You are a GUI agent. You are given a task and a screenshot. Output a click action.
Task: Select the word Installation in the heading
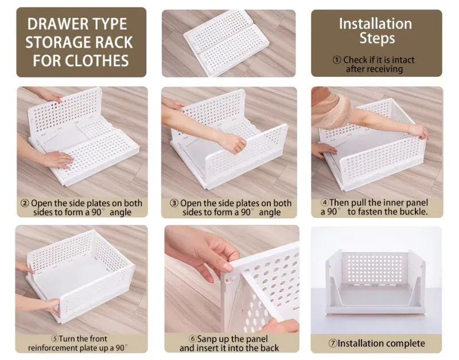375,24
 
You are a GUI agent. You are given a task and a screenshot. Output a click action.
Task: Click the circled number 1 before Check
337,60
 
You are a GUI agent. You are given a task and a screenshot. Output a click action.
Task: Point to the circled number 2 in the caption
25,204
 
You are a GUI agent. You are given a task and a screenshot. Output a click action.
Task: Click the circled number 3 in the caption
174,204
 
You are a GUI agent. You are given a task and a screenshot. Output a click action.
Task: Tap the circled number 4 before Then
324,202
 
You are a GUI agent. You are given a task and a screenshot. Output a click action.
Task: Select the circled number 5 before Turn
55,339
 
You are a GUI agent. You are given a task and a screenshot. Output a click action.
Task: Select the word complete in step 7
404,344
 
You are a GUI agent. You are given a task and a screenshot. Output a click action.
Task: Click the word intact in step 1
402,60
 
